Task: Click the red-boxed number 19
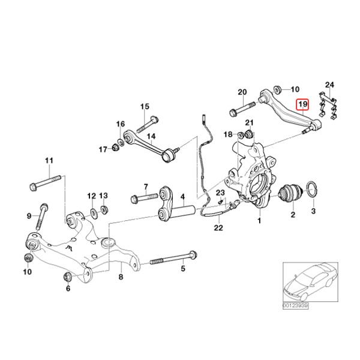303,104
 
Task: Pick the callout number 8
120,277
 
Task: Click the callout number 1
260,221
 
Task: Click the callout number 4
182,196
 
